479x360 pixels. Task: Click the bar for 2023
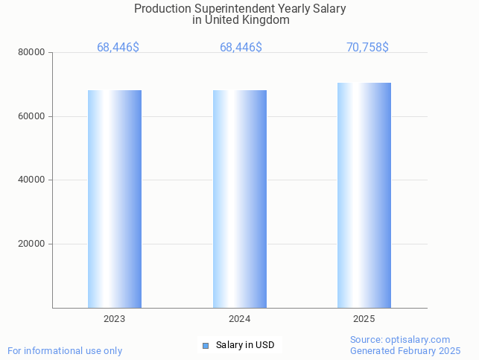115,199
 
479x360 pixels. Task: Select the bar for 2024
240,199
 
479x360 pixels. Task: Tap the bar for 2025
364,195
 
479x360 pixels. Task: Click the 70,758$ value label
367,48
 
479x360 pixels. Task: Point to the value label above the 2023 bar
118,48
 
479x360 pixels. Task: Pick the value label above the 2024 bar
241,48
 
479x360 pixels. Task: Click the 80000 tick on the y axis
32,53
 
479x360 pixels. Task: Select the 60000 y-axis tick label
32,116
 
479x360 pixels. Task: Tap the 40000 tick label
32,180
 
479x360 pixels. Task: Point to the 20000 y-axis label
32,244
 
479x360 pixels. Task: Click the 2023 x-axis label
115,319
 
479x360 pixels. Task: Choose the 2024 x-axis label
240,319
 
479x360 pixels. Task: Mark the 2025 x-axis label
364,319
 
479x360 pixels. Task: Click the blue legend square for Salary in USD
206,345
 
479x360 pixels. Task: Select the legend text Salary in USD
245,345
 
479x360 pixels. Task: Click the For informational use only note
65,350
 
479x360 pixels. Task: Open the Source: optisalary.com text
400,340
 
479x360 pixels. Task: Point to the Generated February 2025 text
405,350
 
